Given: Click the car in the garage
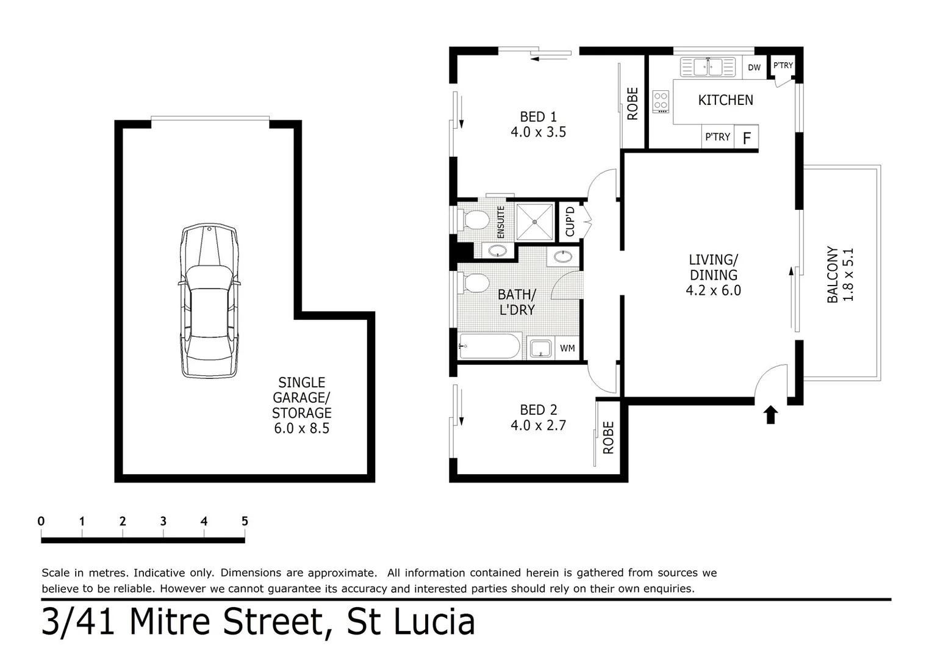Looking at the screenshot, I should [209, 301].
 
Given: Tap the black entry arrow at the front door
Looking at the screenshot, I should [771, 415].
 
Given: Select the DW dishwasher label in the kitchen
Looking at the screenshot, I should [755, 67].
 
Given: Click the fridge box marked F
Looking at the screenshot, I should [746, 138].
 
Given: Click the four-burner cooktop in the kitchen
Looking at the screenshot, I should [661, 102].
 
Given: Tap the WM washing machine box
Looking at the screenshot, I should [567, 348].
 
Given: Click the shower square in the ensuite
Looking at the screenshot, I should [535, 221].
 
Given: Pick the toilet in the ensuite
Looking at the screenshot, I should [473, 219].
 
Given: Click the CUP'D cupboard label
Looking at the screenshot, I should [570, 221].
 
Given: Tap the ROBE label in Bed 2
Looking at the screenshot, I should [608, 438].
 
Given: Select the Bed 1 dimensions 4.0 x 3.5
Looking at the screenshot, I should [538, 132].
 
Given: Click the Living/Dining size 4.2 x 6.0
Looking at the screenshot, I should [713, 290].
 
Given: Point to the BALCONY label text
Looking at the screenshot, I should [832, 275].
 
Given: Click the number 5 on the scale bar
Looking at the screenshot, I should [245, 521].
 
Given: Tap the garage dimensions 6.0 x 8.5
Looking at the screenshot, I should [301, 428].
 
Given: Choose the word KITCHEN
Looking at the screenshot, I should [725, 100].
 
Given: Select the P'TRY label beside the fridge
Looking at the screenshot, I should [717, 137].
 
